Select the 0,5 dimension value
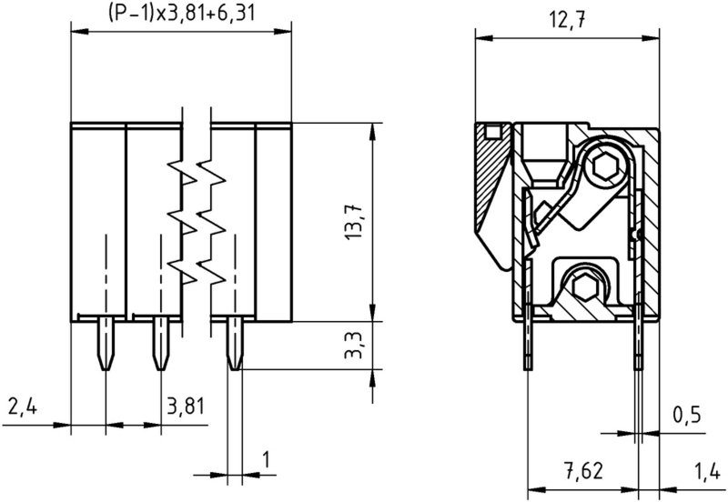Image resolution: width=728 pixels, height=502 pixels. (x=686, y=415)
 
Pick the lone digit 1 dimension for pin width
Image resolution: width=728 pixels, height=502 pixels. (x=267, y=460)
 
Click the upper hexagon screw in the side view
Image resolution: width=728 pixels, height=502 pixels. (x=602, y=166)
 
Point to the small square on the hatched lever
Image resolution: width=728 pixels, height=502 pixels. (x=492, y=134)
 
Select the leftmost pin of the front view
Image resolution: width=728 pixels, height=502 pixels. (x=106, y=344)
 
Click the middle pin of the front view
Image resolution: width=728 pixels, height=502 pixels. (x=160, y=344)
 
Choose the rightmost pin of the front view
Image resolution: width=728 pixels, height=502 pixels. (x=234, y=344)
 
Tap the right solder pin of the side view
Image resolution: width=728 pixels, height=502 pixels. (x=640, y=341)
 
